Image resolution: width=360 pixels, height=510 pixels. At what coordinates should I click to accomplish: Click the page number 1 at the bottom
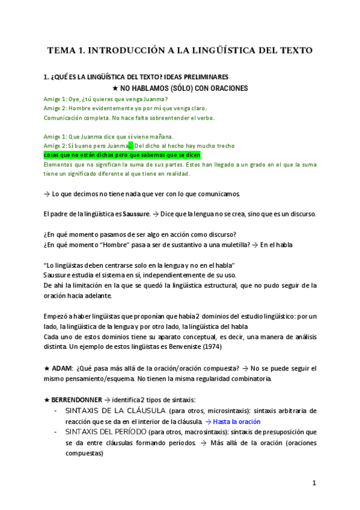tap(314, 483)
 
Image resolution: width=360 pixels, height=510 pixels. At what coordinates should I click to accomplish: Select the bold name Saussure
tap(136, 214)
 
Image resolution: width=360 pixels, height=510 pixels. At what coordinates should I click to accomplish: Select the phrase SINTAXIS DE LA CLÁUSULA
tap(114, 411)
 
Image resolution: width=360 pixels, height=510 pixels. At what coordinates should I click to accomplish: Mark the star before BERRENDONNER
tap(47, 400)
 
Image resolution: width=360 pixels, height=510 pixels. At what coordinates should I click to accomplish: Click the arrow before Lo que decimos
tap(47, 194)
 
